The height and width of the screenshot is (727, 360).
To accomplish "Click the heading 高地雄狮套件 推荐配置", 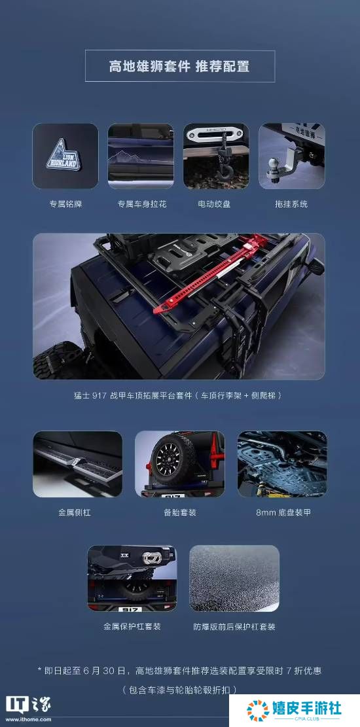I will [179, 66].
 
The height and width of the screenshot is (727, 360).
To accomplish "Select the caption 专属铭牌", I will [65, 204].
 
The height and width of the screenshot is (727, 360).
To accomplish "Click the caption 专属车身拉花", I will [141, 204].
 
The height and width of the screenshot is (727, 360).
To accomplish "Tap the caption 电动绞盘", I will [215, 204].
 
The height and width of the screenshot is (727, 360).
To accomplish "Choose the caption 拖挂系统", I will [291, 204].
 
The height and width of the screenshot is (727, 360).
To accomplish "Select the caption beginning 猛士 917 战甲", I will [179, 395].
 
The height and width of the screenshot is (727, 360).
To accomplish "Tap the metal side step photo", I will [77, 464].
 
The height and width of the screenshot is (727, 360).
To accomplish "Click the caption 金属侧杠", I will [75, 512].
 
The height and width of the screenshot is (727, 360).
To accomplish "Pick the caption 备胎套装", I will [179, 512].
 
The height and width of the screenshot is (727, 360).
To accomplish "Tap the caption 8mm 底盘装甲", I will [283, 512].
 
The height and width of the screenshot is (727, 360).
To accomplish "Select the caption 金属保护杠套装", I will [132, 626].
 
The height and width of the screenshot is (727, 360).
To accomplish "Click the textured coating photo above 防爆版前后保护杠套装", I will [234, 578].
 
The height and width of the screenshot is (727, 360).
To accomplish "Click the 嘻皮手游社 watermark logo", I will [294, 709].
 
